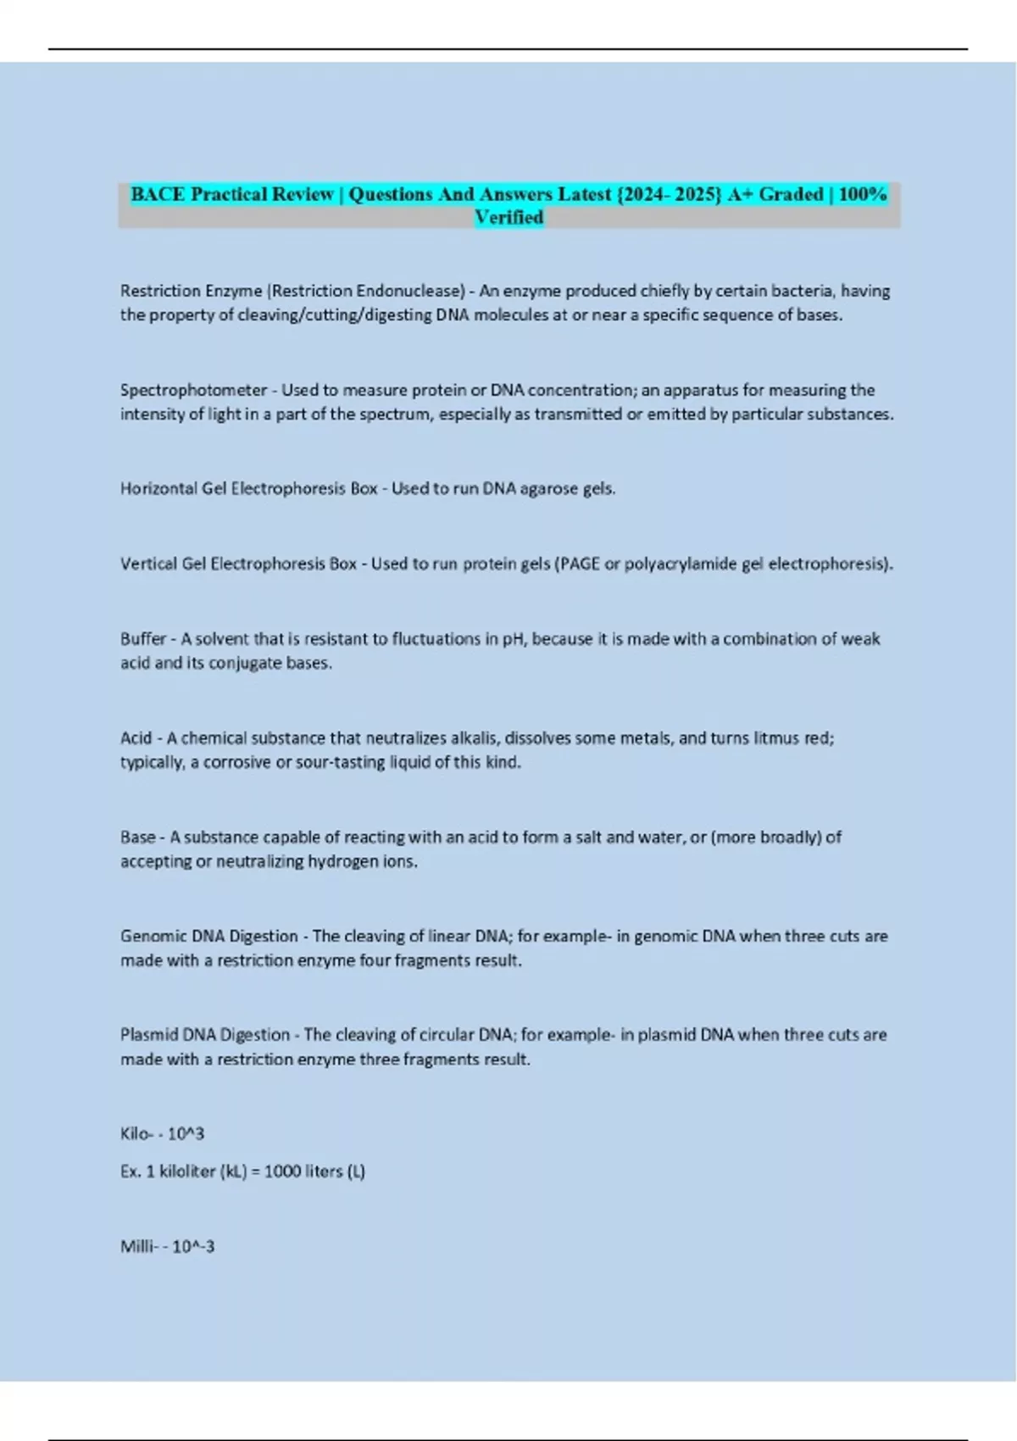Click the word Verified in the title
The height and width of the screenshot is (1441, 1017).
coord(508,218)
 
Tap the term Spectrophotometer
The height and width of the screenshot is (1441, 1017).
coord(193,390)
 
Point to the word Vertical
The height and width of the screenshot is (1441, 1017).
coord(149,564)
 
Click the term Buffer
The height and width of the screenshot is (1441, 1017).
coord(143,638)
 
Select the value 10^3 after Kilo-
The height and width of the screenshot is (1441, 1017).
coord(186,1133)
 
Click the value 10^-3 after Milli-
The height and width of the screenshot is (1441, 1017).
coord(193,1246)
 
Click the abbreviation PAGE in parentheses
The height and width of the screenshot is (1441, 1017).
coord(579,564)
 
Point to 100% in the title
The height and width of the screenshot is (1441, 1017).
coord(862,194)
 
